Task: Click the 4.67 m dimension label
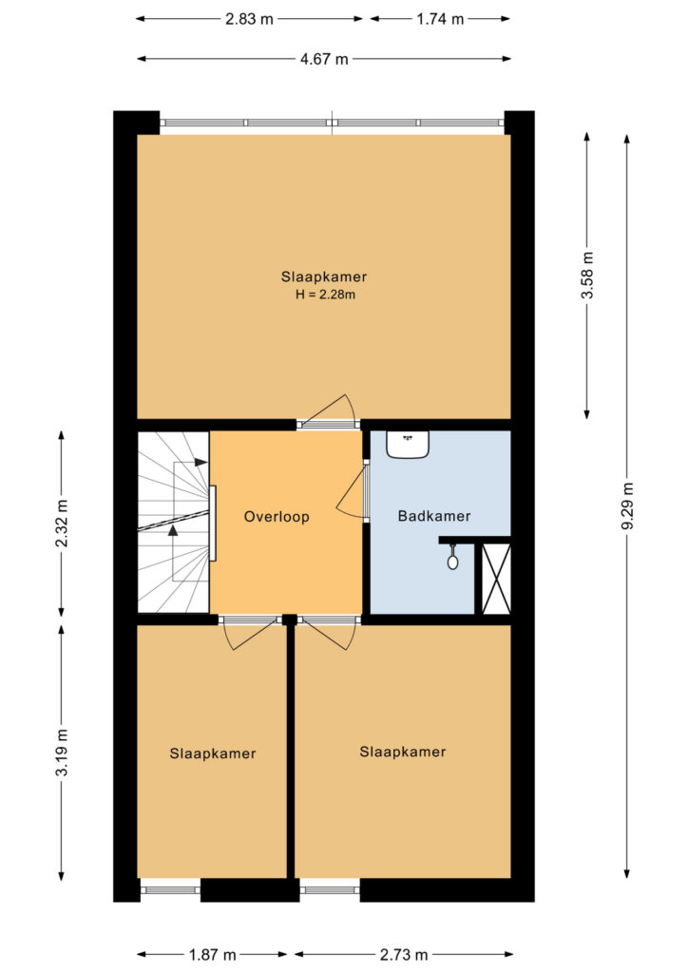coord(324,60)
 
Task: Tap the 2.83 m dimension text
coord(249,19)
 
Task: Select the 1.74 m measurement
coord(440,19)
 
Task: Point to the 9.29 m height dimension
coord(627,506)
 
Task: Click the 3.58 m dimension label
coord(587,276)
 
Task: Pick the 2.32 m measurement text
coord(62,523)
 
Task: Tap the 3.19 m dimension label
coord(62,752)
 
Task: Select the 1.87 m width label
coord(212,954)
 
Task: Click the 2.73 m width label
coord(404,954)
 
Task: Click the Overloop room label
coord(277,517)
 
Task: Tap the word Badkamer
coord(434,516)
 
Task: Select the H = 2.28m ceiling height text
coord(325,295)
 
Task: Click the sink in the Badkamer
coord(408,444)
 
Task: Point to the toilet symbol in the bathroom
coord(453,558)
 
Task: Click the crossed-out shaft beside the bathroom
coord(496,579)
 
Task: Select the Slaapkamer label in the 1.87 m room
coord(213,754)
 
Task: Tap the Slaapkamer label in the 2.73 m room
coord(403,753)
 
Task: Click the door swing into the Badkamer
coord(352,490)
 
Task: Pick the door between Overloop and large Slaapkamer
coord(328,411)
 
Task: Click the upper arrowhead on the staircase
coord(201,463)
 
